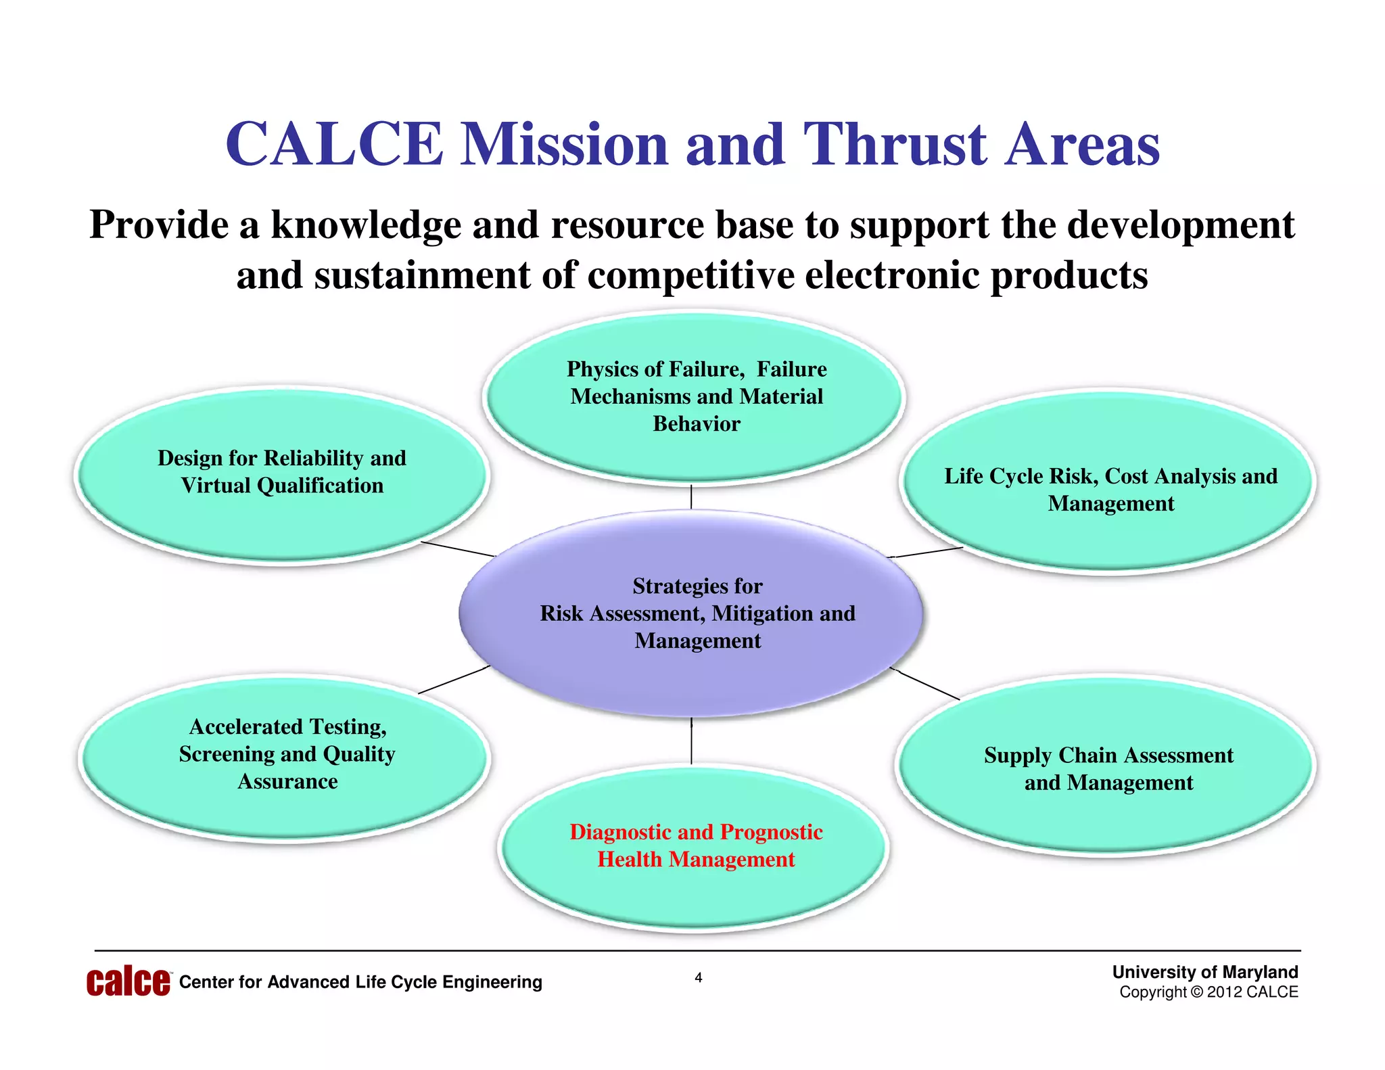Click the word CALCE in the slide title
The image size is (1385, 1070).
(335, 144)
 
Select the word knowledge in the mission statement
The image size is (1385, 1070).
(366, 225)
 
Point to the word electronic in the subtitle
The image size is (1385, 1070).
(892, 275)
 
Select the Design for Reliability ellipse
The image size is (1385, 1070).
(281, 521)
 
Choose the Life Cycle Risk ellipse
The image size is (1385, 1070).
(1110, 534)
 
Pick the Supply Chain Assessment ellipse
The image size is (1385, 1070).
(1107, 818)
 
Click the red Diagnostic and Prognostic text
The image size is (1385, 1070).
(696, 845)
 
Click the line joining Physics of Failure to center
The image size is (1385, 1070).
(691, 497)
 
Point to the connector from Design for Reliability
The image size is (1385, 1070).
(458, 549)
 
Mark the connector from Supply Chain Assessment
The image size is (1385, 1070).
(926, 683)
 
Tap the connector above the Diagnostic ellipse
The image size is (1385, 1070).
(691, 741)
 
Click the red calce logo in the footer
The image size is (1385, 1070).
(128, 982)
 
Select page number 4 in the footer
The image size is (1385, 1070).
(699, 977)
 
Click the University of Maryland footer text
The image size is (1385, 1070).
(1205, 972)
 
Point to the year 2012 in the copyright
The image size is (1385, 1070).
(1224, 992)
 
